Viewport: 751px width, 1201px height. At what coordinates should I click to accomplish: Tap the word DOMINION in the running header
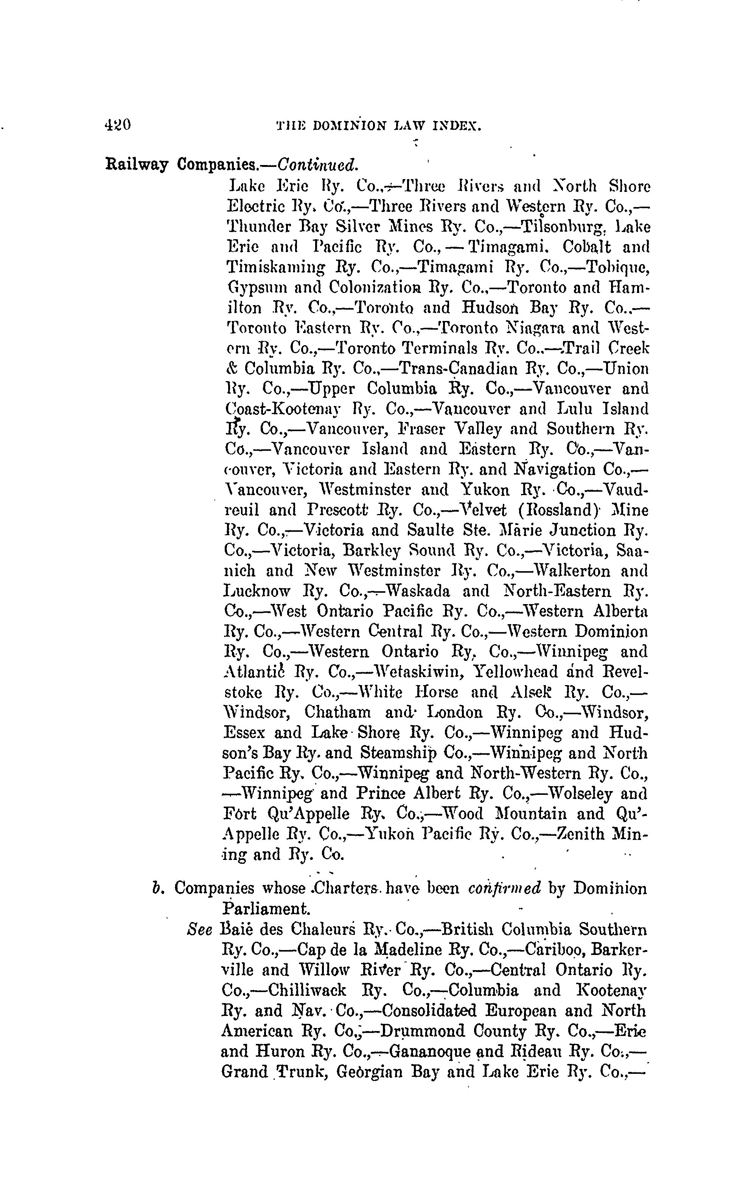point(350,126)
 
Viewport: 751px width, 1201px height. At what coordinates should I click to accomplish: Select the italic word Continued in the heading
point(317,165)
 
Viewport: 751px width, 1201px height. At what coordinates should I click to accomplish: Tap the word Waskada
point(418,591)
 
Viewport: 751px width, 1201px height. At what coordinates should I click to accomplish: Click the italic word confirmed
point(504,888)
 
